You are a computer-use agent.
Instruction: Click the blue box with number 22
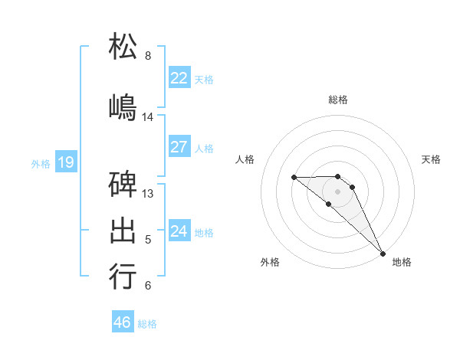pyautogui.click(x=179, y=78)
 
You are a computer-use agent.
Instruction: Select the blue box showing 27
pyautogui.click(x=179, y=147)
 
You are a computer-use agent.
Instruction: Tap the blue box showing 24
pyautogui.click(x=179, y=231)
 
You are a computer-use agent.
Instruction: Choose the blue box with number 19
pyautogui.click(x=66, y=162)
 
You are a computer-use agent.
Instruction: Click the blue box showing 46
pyautogui.click(x=123, y=322)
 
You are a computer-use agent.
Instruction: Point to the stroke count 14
pyautogui.click(x=148, y=117)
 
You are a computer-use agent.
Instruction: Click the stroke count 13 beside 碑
pyautogui.click(x=148, y=194)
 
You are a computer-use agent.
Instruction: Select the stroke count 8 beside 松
pyautogui.click(x=148, y=56)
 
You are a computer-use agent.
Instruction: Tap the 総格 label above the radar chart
pyautogui.click(x=338, y=100)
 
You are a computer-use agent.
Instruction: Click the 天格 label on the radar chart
pyautogui.click(x=432, y=159)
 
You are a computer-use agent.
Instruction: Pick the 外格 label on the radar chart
pyautogui.click(x=270, y=263)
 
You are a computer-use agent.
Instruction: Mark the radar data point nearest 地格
pyautogui.click(x=382, y=253)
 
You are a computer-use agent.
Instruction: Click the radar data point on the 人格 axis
pyautogui.click(x=294, y=178)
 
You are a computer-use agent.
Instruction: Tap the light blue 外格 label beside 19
pyautogui.click(x=41, y=163)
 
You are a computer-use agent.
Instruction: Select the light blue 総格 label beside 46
pyautogui.click(x=147, y=324)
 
